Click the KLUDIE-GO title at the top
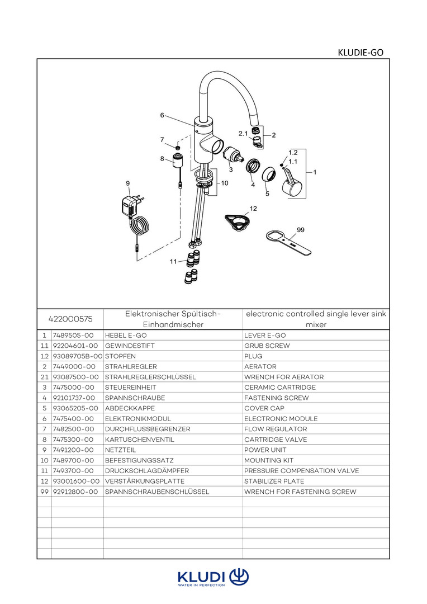tap(360, 53)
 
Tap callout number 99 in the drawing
tap(301, 229)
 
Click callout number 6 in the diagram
tap(162, 115)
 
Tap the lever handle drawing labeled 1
tap(292, 185)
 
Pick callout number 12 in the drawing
tap(253, 209)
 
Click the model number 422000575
tap(71, 319)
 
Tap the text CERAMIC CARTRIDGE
tap(280, 388)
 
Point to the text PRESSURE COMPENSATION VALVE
tap(302, 471)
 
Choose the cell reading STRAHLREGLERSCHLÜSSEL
tap(150, 377)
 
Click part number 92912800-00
tap(75, 492)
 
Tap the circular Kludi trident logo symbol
tap(239, 576)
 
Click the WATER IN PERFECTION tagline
tap(201, 585)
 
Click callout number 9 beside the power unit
tap(128, 183)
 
